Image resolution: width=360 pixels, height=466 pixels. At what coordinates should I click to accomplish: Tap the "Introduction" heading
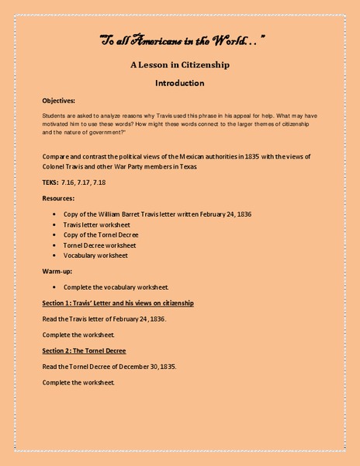click(x=179, y=82)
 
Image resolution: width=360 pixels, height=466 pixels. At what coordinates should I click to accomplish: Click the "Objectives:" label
click(x=59, y=101)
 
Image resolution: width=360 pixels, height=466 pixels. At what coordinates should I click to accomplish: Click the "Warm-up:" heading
click(x=59, y=271)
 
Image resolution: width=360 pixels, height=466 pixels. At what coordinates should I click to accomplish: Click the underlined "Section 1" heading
click(x=117, y=302)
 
